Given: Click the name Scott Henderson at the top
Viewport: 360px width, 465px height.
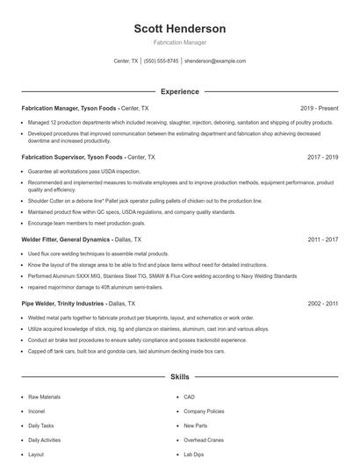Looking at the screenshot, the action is [179, 29].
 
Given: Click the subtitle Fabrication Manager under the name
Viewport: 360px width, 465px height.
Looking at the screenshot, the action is [179, 43].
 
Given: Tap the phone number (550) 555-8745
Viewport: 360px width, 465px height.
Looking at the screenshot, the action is [161, 61].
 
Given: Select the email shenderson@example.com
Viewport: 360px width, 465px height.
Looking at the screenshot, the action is [215, 61].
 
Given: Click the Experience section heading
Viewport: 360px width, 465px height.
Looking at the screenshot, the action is [179, 91].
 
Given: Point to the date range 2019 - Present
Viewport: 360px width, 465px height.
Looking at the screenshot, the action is [319, 108].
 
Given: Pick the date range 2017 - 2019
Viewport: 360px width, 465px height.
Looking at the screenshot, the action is [322, 157].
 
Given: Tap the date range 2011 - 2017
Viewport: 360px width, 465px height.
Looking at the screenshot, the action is [322, 239].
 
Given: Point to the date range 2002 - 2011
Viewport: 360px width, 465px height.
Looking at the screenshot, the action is [322, 303].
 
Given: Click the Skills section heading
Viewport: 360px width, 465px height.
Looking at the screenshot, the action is [179, 376].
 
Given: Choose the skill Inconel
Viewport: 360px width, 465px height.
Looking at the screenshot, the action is [38, 411].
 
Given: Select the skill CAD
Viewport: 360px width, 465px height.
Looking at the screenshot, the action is [189, 397].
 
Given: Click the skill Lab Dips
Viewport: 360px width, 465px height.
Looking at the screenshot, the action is [194, 454].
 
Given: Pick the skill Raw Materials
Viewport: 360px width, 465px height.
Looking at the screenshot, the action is [44, 397].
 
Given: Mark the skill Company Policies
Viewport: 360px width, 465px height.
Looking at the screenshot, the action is [203, 411].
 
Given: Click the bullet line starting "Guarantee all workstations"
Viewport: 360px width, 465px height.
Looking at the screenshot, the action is [83, 171].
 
